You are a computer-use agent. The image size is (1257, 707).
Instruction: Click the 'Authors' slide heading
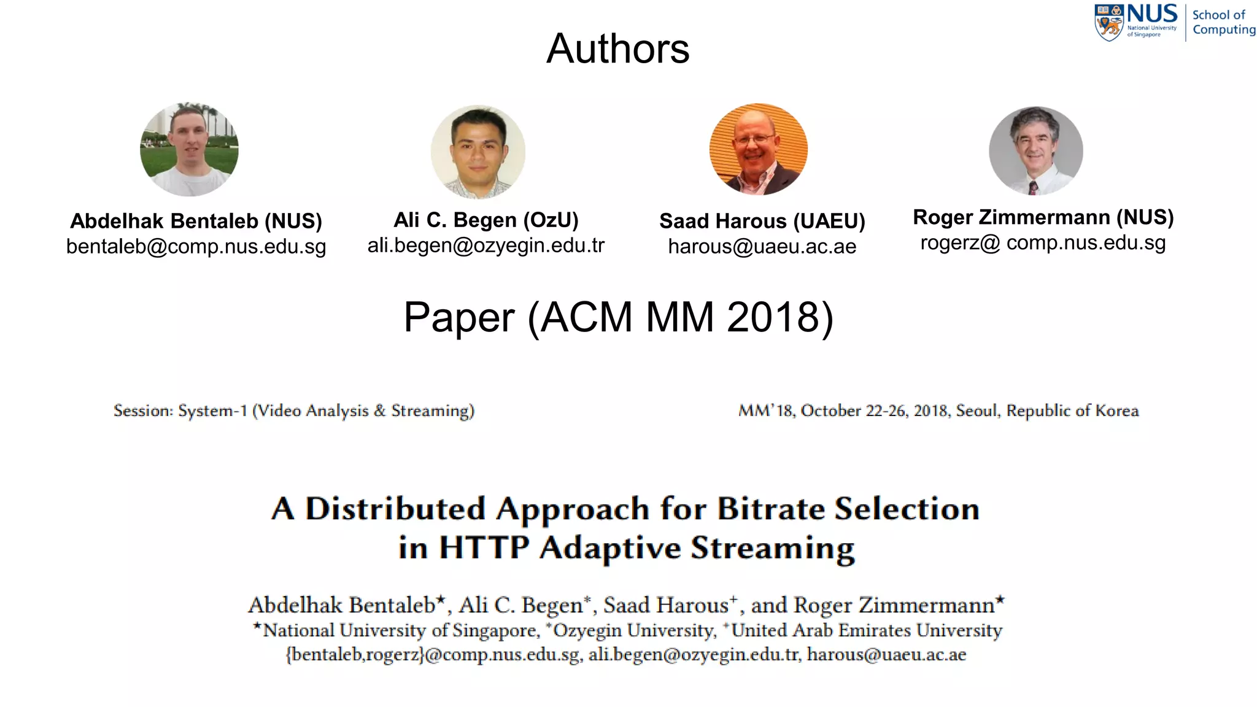click(x=617, y=48)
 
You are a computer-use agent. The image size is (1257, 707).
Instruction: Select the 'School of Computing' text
click(x=1223, y=22)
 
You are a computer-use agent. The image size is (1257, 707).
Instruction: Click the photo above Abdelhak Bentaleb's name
click(x=189, y=149)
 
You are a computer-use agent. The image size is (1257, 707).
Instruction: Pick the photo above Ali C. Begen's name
click(x=478, y=152)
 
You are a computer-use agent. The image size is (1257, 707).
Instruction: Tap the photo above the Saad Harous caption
click(x=758, y=149)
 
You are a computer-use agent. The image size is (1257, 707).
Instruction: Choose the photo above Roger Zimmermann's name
click(x=1036, y=151)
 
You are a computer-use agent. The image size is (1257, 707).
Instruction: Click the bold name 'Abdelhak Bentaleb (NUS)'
click(x=196, y=221)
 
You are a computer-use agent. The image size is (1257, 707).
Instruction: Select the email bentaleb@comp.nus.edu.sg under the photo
click(x=196, y=247)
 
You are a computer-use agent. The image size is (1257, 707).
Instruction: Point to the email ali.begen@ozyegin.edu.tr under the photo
click(x=486, y=245)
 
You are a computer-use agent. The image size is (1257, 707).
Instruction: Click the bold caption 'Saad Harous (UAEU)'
click(x=762, y=221)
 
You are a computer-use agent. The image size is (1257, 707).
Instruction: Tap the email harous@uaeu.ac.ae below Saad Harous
click(x=762, y=247)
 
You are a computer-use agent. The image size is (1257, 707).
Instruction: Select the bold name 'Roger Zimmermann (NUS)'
click(x=1043, y=217)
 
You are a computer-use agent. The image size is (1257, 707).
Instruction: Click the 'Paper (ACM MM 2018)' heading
click(x=618, y=317)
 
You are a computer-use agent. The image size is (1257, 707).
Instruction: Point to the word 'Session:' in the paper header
click(x=143, y=411)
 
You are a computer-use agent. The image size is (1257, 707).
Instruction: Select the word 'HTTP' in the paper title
click(x=484, y=547)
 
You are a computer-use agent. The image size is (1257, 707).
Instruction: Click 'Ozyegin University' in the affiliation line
click(x=635, y=630)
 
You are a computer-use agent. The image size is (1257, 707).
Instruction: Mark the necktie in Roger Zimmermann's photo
click(x=1033, y=188)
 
